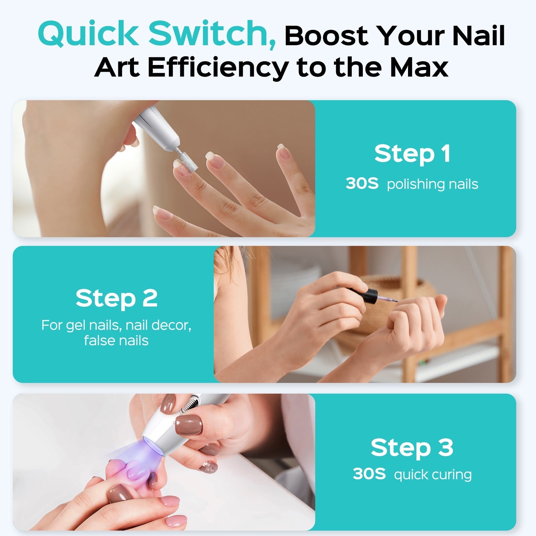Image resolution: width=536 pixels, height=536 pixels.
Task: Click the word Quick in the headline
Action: [x=88, y=34]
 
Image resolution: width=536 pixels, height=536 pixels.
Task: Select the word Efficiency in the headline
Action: [x=217, y=67]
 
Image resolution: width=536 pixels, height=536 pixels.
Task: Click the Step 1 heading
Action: [x=412, y=154]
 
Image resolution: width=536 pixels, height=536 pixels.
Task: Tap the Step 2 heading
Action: [x=116, y=298]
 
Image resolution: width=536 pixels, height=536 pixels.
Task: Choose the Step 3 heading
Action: [x=412, y=448]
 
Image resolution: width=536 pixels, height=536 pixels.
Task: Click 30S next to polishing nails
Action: [x=362, y=184]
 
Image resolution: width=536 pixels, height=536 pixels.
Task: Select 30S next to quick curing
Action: [x=369, y=474]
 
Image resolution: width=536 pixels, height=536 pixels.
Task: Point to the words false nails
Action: [x=116, y=341]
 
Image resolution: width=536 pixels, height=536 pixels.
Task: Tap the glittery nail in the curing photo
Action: [x=208, y=467]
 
